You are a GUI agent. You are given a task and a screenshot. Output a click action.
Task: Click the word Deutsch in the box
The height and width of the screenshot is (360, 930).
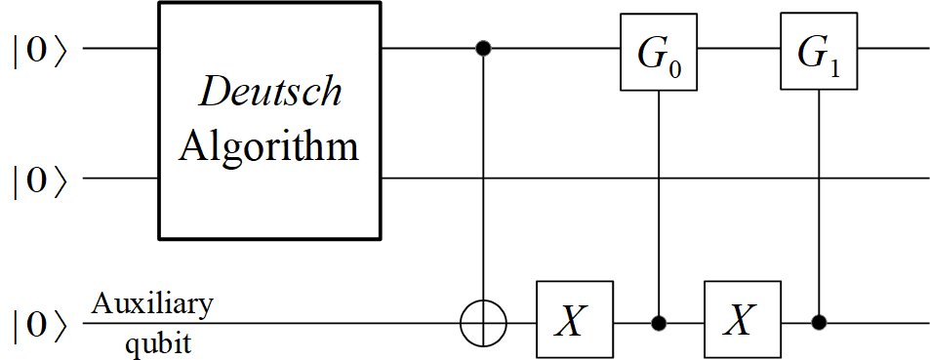(270, 92)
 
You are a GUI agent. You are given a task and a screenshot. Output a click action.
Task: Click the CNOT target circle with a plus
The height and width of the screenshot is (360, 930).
(484, 320)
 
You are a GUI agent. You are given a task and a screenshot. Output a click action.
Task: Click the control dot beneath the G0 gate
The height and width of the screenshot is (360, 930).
(660, 320)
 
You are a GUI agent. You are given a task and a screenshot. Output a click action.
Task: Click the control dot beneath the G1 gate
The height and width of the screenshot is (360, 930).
(819, 320)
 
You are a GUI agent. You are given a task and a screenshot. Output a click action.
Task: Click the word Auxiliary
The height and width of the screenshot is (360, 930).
(151, 303)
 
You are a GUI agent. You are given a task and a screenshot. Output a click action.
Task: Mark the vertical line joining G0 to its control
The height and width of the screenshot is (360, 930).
(660, 195)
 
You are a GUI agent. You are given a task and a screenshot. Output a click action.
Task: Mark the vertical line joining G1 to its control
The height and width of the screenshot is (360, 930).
(819, 195)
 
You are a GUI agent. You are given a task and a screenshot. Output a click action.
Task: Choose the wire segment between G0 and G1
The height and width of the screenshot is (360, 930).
(739, 48)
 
